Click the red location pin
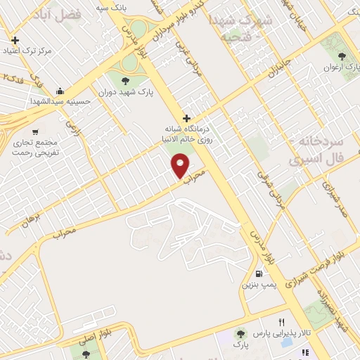(x=181, y=167)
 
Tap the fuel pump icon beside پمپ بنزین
(x=260, y=273)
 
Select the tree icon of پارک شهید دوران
(x=127, y=80)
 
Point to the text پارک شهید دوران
(x=127, y=92)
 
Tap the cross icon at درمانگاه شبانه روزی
(x=186, y=118)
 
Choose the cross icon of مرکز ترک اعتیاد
(x=15, y=40)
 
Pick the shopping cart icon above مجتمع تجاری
(x=36, y=131)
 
